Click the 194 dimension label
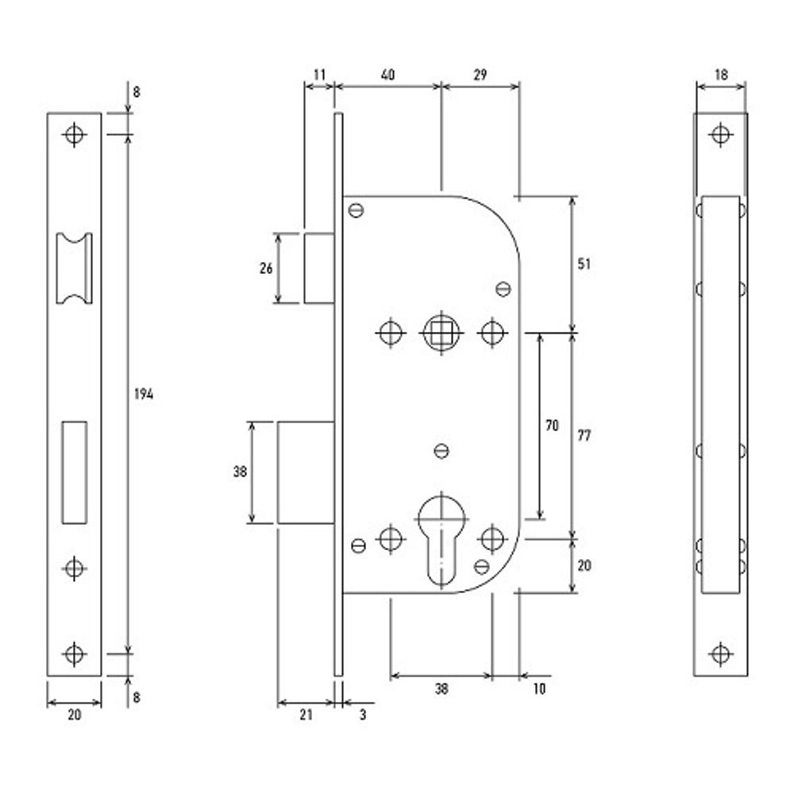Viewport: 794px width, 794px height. coord(144,394)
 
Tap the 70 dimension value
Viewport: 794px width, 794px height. coord(552,426)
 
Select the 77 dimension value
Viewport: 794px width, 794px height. coord(584,435)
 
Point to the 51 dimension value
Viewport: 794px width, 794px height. coord(584,264)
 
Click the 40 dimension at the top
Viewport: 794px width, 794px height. coord(387,75)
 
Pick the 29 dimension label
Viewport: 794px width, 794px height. coord(480,75)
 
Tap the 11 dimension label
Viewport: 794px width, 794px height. coord(319,75)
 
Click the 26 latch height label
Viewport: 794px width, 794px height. coord(266,268)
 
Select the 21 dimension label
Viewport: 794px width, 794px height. coord(306,715)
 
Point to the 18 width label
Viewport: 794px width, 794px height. coord(721,75)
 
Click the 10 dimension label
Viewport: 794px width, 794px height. coord(539,688)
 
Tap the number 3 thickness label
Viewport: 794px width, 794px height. coord(363,715)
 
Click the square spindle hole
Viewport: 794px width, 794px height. coord(441,333)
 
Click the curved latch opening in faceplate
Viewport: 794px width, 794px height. coord(74,268)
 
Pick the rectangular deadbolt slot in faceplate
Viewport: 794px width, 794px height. coord(75,472)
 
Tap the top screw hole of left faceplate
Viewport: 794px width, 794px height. coord(75,135)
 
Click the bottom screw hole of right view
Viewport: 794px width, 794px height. coord(721,653)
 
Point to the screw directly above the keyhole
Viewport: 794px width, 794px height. coord(441,451)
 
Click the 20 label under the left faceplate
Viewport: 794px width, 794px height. coord(75,715)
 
